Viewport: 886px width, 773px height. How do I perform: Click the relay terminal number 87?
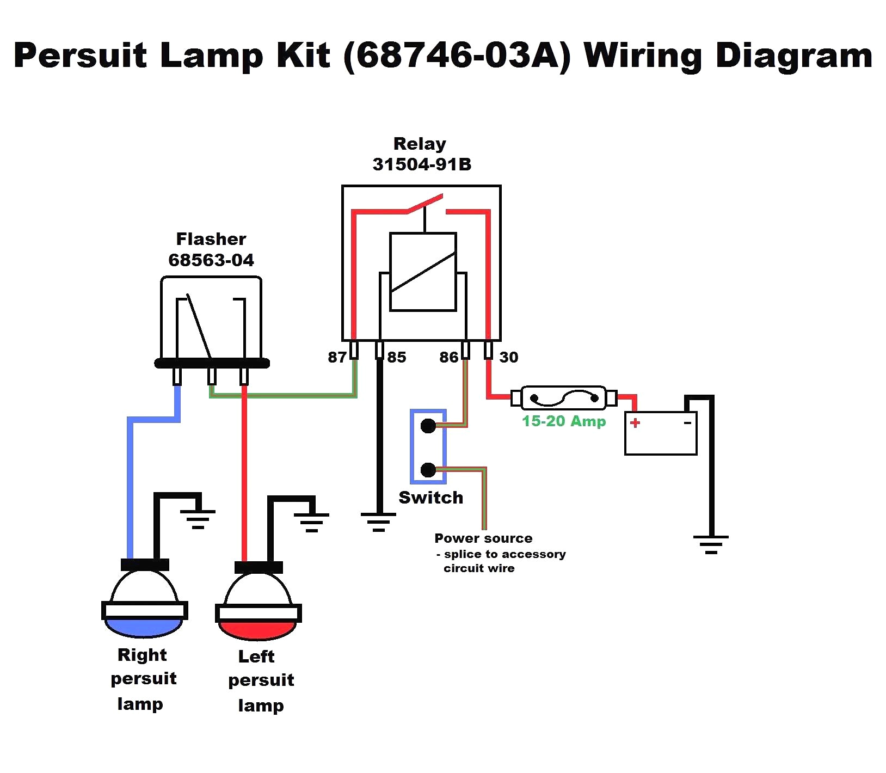[337, 357]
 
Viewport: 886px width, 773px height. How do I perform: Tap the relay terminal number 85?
[397, 357]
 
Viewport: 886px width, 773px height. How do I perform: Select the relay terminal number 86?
[449, 357]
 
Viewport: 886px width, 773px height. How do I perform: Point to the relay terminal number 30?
[509, 357]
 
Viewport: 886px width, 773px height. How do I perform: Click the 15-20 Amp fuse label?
[564, 421]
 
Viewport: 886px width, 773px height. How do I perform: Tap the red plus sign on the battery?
[635, 422]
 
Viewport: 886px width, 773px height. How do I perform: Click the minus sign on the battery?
[688, 422]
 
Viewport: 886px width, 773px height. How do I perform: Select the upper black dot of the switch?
[428, 426]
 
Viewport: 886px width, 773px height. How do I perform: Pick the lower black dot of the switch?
[428, 469]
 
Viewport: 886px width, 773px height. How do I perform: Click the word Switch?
[430, 498]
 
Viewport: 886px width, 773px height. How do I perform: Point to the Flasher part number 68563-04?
[211, 260]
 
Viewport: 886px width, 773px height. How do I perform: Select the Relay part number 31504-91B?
[422, 164]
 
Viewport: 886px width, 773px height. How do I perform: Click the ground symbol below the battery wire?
[711, 544]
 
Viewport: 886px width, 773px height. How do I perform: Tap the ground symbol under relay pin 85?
[379, 522]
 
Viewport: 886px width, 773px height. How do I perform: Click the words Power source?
[483, 538]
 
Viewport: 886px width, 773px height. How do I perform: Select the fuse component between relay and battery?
[564, 398]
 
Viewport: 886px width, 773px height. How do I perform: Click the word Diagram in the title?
[794, 56]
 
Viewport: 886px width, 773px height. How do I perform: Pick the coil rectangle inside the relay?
[423, 272]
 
